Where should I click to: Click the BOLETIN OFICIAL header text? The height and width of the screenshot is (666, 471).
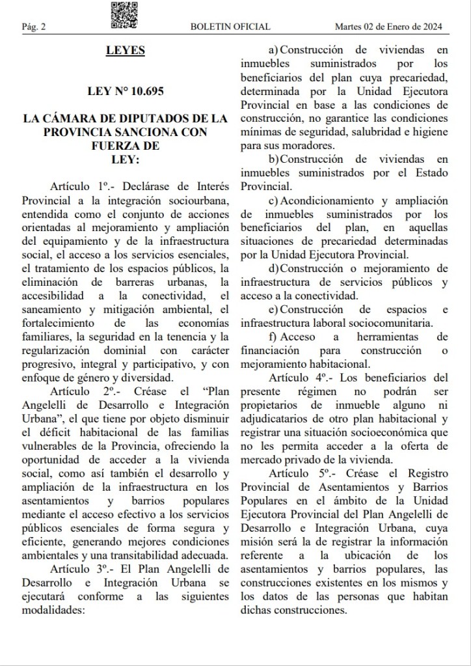tap(230, 27)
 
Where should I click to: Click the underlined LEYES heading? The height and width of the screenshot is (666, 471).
tap(125, 51)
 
